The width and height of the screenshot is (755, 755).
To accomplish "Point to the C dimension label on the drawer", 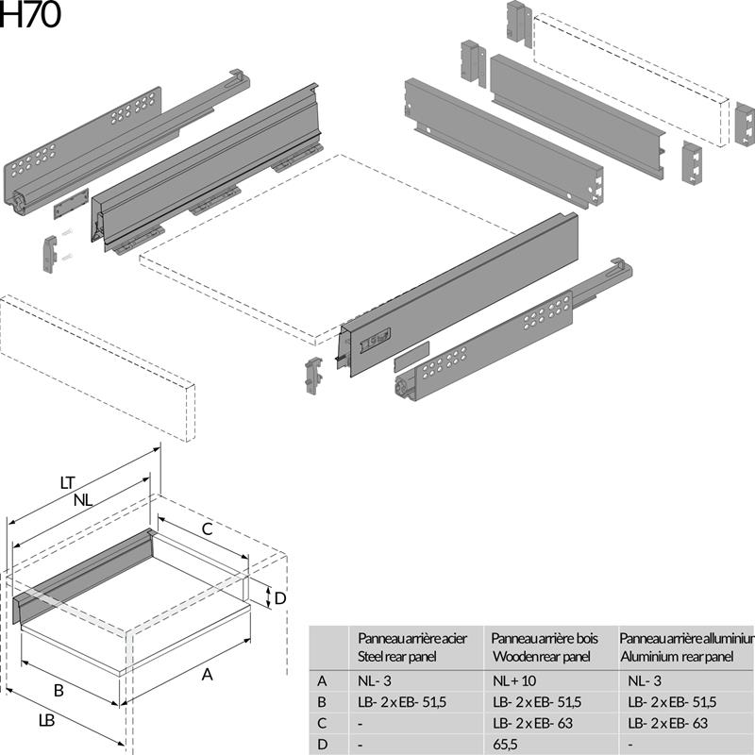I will pyautogui.click(x=206, y=529).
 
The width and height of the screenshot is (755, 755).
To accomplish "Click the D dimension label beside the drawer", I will pyautogui.click(x=280, y=597).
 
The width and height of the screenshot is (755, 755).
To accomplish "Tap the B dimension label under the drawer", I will pyautogui.click(x=59, y=691).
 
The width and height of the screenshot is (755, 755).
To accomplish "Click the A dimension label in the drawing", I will pyautogui.click(x=208, y=674).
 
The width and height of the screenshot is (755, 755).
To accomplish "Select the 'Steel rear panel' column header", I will pyautogui.click(x=412, y=646).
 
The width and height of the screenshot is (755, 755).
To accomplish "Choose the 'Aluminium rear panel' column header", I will pyautogui.click(x=685, y=646).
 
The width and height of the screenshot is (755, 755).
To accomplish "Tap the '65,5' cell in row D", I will pyautogui.click(x=506, y=745).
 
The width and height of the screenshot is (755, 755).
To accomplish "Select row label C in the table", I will pyautogui.click(x=323, y=723).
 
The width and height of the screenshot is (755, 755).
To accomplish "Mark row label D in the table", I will pyautogui.click(x=323, y=745).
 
